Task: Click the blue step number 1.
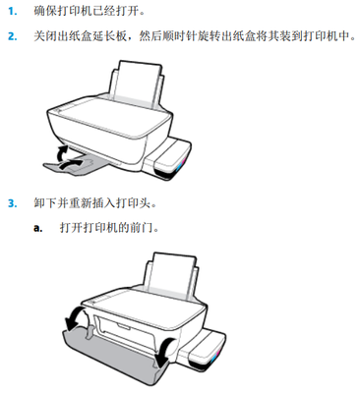[12, 12]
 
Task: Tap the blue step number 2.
[13, 36]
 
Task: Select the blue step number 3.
[13, 203]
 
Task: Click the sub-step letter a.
[38, 228]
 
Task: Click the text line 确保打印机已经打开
[90, 11]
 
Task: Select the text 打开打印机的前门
[109, 227]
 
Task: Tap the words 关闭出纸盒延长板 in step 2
[80, 36]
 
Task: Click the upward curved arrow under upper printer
[62, 153]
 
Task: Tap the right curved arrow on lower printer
[165, 352]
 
